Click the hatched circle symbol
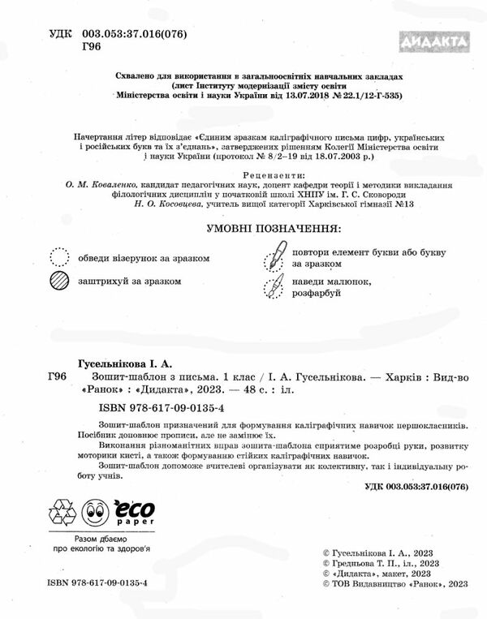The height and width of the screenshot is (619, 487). (x=61, y=282)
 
